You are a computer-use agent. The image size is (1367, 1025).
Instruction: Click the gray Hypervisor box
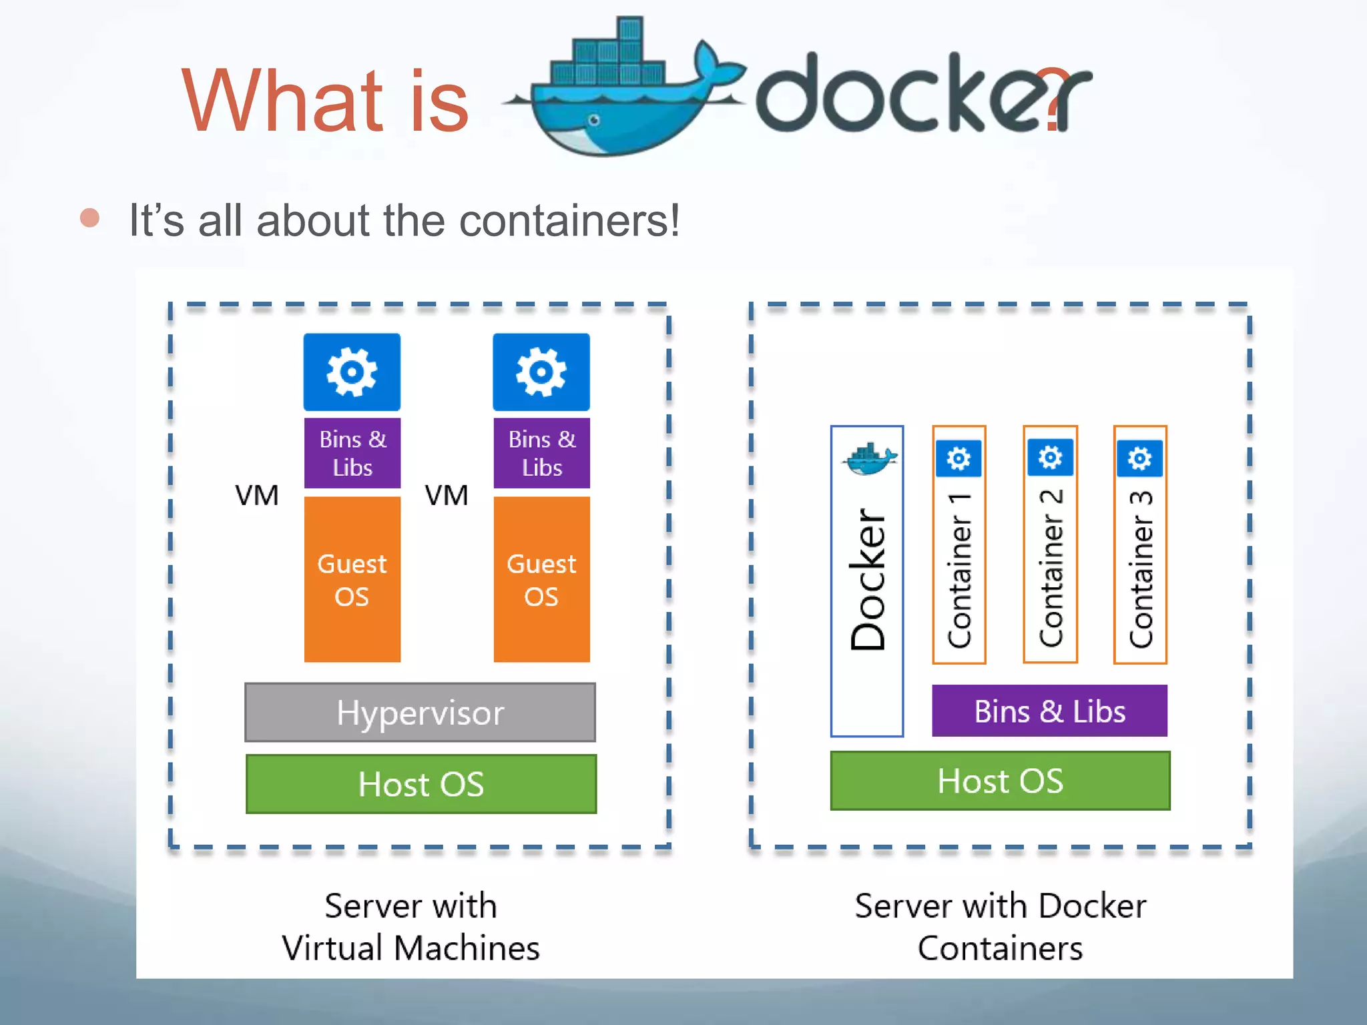[x=420, y=712]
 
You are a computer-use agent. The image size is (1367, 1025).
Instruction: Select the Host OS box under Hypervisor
[x=421, y=784]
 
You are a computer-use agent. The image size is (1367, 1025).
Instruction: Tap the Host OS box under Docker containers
[x=1000, y=781]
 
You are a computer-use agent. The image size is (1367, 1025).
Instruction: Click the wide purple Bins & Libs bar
[x=1049, y=711]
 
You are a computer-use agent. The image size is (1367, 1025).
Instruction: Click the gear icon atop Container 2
[x=1050, y=458]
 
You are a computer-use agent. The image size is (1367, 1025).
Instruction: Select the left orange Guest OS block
[x=352, y=579]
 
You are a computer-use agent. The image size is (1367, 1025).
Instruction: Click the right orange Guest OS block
[x=541, y=579]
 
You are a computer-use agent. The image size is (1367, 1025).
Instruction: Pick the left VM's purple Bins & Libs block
[x=352, y=453]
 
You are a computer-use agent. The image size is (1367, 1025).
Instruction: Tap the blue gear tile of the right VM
[x=541, y=372]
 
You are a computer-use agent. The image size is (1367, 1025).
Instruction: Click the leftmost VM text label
[x=256, y=496]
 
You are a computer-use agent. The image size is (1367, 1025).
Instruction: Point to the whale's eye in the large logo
[x=593, y=120]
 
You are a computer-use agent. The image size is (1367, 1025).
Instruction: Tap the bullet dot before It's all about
[x=89, y=218]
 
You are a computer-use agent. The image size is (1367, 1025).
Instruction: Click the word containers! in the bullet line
[x=569, y=221]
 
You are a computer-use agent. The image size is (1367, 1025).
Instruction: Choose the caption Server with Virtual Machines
[x=411, y=927]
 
